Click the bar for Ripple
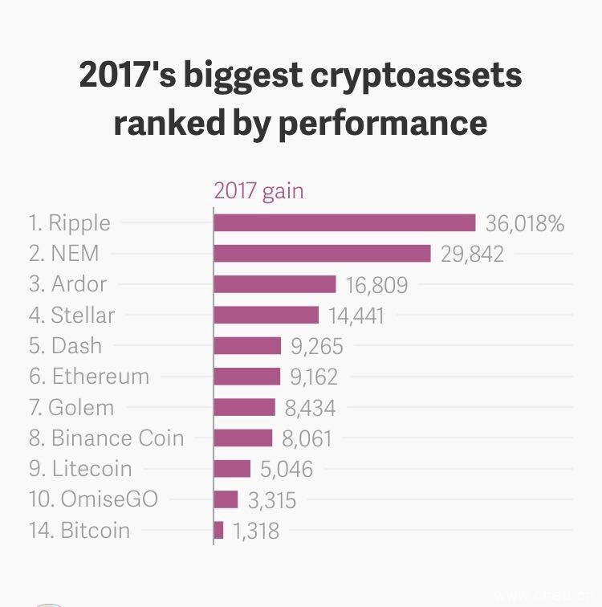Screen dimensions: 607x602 [x=345, y=222]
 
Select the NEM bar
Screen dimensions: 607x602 [x=323, y=254]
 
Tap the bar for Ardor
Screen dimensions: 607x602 [x=275, y=284]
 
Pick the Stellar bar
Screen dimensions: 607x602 [x=266, y=315]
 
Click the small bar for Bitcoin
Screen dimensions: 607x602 [x=219, y=530]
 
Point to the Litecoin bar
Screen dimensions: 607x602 [x=233, y=468]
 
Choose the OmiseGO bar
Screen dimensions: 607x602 [x=226, y=499]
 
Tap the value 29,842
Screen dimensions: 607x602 [x=472, y=254]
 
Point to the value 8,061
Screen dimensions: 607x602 [x=307, y=438]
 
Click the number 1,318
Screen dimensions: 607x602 [x=256, y=531]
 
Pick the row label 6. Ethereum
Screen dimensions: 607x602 [x=89, y=376]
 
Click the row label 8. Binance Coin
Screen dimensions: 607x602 [x=107, y=438]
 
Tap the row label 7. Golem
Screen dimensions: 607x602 [x=71, y=407]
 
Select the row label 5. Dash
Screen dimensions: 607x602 [x=66, y=345]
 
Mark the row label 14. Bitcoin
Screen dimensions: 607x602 [x=79, y=530]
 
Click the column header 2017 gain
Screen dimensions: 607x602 [x=258, y=191]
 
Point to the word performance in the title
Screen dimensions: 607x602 [x=382, y=124]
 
